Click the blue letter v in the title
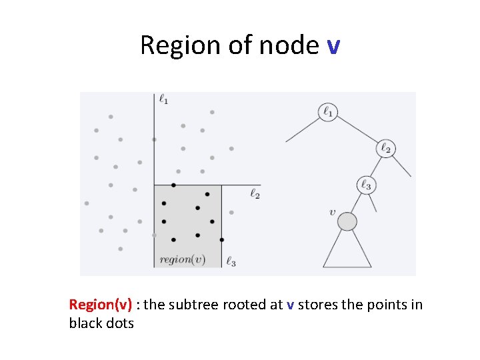tap(334, 46)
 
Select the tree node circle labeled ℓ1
tap(328, 111)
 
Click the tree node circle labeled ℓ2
tap(385, 148)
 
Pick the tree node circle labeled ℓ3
tap(365, 185)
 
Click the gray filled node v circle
tap(347, 221)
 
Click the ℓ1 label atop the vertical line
tap(163, 99)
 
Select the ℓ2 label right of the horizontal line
tap(255, 194)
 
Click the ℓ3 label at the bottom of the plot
tap(231, 262)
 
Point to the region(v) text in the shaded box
tap(182, 259)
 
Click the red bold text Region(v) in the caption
tap(100, 305)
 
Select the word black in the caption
tap(84, 323)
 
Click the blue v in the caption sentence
tap(290, 305)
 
